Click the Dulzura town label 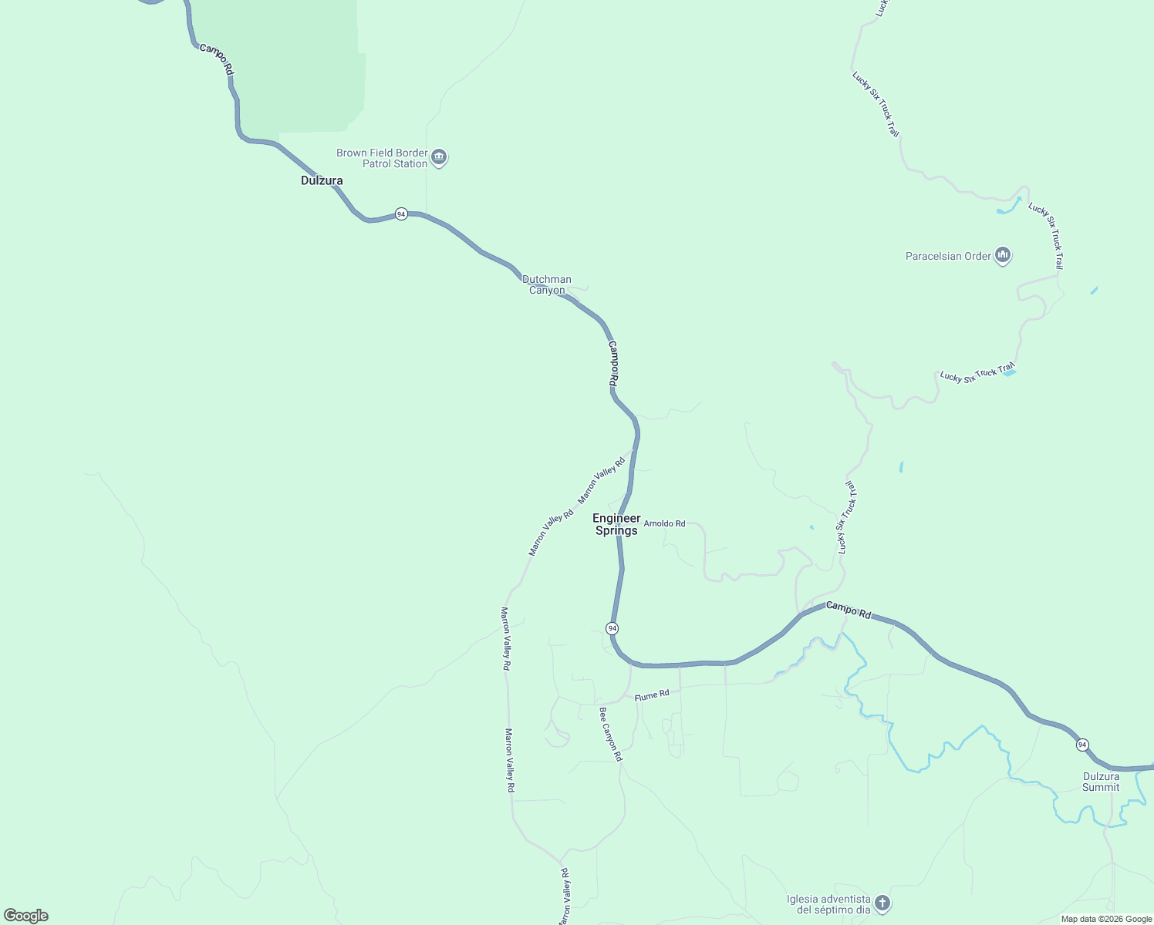pyautogui.click(x=322, y=180)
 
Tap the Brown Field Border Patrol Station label pyautogui.click(x=382, y=158)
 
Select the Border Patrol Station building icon pyautogui.click(x=439, y=158)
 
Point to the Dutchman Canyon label pyautogui.click(x=547, y=284)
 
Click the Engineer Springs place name pyautogui.click(x=616, y=524)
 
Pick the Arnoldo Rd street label pyautogui.click(x=664, y=523)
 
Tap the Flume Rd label pyautogui.click(x=652, y=695)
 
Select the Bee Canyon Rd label pyautogui.click(x=610, y=735)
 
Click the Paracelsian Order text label pyautogui.click(x=948, y=256)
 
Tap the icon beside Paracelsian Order pyautogui.click(x=1003, y=255)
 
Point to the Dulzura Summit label pyautogui.click(x=1101, y=782)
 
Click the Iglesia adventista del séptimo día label pyautogui.click(x=828, y=904)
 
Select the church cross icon pyautogui.click(x=882, y=903)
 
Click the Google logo pyautogui.click(x=26, y=916)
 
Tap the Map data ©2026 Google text pyautogui.click(x=1106, y=919)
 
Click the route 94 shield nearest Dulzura pyautogui.click(x=401, y=214)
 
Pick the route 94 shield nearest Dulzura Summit pyautogui.click(x=1083, y=745)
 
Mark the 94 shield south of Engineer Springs pyautogui.click(x=612, y=628)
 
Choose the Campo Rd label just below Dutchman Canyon pyautogui.click(x=613, y=363)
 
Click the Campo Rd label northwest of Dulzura pyautogui.click(x=217, y=59)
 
